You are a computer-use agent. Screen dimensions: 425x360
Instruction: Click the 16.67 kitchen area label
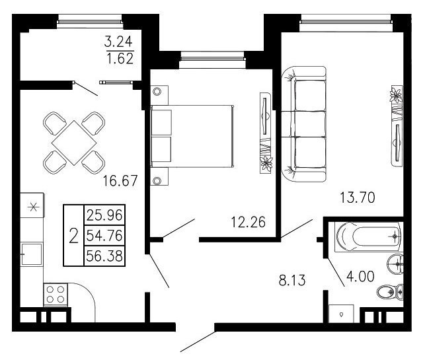coord(120,181)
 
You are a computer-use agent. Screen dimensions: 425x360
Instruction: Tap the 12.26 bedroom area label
coord(249,222)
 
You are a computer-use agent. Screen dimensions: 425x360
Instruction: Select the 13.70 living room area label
coord(358,198)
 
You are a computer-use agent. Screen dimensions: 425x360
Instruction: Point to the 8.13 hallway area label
coord(292,280)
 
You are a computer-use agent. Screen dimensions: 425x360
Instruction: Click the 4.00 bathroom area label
coord(360,276)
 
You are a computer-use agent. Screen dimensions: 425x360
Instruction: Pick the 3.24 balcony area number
coord(118,42)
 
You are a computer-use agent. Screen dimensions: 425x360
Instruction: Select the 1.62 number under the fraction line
coord(120,58)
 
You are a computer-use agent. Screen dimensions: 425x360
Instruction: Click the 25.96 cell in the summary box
coord(104,215)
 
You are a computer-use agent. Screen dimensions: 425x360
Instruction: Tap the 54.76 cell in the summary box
coord(104,235)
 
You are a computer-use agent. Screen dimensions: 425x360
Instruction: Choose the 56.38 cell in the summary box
coord(104,256)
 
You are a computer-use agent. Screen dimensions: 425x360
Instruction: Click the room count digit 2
coord(74,235)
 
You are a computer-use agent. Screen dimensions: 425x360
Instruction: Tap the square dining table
coord(74,143)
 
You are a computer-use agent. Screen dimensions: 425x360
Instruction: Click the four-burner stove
coord(56,295)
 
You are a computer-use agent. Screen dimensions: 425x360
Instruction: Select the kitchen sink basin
coord(32,254)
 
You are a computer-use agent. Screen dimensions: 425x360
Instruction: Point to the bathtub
coord(368,237)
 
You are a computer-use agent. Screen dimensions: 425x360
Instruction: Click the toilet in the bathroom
coord(390,292)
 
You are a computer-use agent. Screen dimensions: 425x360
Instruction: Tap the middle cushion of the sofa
coord(311,124)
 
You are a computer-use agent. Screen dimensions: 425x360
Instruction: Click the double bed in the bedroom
coord(192,136)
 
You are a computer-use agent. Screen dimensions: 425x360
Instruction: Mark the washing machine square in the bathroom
coord(341,314)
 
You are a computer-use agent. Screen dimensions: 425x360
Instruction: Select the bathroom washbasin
coord(395,264)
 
